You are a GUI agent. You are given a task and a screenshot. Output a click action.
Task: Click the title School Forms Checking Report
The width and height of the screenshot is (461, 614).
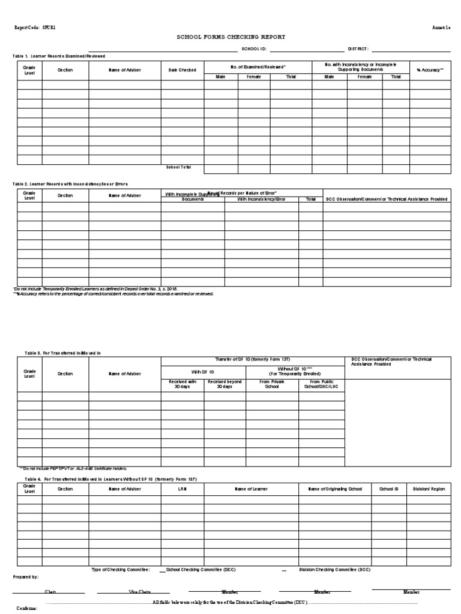click(x=230, y=37)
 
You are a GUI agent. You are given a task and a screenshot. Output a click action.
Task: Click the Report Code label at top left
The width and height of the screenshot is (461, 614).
click(x=29, y=28)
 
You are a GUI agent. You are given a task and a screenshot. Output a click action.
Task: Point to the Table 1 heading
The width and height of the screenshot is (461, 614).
click(x=59, y=56)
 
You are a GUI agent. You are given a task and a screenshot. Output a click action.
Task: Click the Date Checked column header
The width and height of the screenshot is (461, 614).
click(x=182, y=70)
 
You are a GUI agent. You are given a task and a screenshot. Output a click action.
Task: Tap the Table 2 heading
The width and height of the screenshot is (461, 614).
click(x=70, y=183)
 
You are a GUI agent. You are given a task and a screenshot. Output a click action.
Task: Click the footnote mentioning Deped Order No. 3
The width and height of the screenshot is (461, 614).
click(x=95, y=289)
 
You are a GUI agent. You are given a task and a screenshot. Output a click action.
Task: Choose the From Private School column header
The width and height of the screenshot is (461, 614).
click(x=272, y=384)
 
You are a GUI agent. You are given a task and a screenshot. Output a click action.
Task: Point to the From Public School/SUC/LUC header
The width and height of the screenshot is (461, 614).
click(x=322, y=384)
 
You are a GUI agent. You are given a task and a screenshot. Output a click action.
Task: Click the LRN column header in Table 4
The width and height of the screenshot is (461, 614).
click(x=182, y=489)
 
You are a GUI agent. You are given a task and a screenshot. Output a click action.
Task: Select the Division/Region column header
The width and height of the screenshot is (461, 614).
click(x=429, y=489)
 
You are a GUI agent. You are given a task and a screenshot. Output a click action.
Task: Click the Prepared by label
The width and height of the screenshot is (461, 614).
click(x=26, y=577)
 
